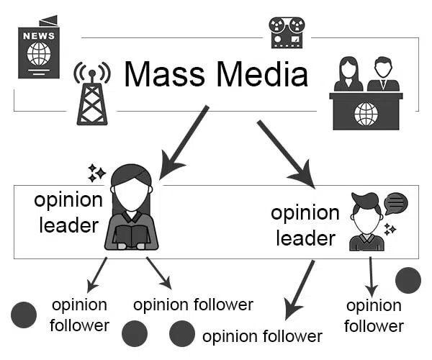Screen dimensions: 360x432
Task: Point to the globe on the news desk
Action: tap(366, 112)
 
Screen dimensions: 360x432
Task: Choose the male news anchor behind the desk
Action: tap(383, 74)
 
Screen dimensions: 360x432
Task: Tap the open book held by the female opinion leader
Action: tap(131, 235)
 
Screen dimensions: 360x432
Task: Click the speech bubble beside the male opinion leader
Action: tap(395, 203)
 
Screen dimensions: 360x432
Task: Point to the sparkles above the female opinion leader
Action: tap(96, 172)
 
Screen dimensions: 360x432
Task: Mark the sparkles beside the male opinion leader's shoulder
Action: tap(390, 230)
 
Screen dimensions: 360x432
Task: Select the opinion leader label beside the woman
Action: tap(66, 213)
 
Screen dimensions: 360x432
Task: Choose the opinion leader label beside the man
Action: tap(305, 225)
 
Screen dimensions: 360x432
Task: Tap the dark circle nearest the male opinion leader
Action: tap(408, 280)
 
